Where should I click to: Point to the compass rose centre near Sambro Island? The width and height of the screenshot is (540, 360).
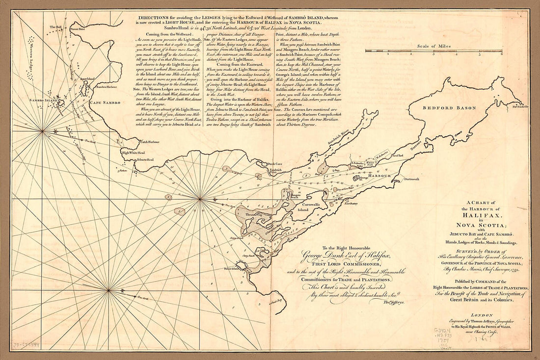click(x=43, y=131)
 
